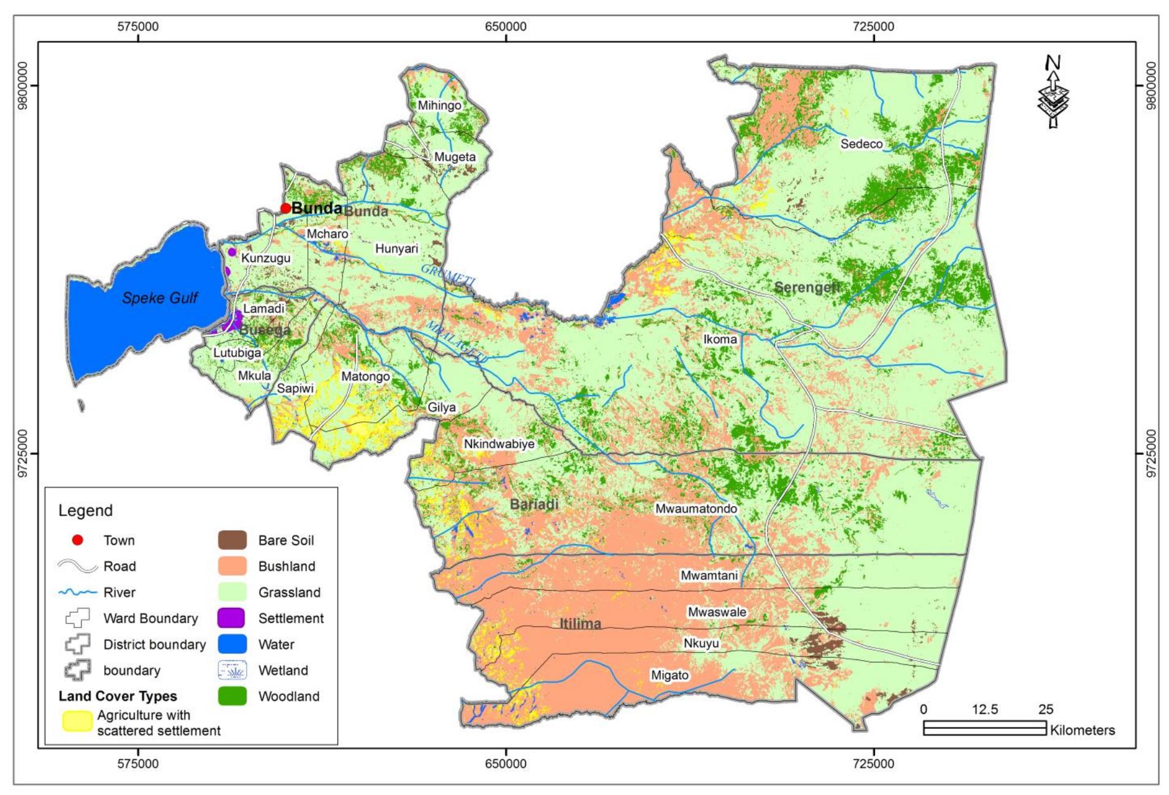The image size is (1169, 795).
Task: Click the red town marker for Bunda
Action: pos(285,209)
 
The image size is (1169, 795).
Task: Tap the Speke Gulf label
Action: pos(160,298)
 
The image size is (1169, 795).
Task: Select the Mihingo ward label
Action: pos(439,106)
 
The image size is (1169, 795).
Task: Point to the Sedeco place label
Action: pos(862,144)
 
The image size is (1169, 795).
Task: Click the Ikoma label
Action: pos(720,339)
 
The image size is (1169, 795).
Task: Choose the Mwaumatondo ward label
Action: pos(696,509)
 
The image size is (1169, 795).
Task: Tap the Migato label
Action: pos(669,675)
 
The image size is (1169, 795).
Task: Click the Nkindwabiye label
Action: pos(499,444)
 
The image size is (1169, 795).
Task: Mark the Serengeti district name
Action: pos(806,287)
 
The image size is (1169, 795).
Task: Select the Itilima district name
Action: pos(580,624)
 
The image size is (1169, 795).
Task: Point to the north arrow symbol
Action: pos(1053,92)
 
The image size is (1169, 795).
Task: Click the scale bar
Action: pos(984,728)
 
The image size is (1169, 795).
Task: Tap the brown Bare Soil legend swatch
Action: pos(233,540)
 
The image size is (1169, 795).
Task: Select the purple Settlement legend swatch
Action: pos(233,618)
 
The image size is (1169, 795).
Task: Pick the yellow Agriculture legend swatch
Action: pos(77,722)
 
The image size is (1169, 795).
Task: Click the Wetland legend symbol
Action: pos(233,670)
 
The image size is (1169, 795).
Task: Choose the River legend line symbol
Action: pos(77,593)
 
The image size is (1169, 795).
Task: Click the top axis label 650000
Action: pos(506,26)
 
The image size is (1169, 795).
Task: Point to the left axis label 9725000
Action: pos(22,453)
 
